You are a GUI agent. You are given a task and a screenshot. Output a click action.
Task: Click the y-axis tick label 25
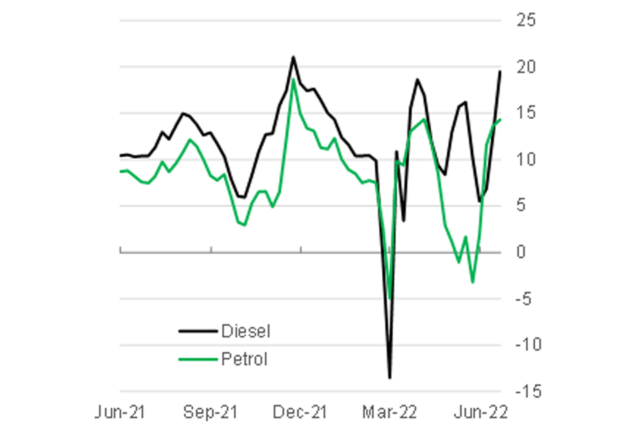(x=526, y=21)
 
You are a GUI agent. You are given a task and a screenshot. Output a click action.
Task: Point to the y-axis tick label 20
(x=526, y=67)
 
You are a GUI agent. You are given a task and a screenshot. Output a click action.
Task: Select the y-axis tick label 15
(x=526, y=113)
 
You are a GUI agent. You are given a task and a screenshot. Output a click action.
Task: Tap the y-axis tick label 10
(x=526, y=159)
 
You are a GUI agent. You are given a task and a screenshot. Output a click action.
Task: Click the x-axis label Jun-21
(x=121, y=410)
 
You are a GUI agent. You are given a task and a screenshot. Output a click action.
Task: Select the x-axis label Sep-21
(x=211, y=410)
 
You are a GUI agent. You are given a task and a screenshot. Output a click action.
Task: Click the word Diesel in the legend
(x=246, y=331)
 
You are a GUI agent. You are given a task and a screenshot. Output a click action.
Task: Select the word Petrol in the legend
(x=244, y=360)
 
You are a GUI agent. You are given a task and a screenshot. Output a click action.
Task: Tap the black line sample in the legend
(x=198, y=331)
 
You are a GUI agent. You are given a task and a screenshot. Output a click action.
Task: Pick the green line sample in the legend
(x=198, y=360)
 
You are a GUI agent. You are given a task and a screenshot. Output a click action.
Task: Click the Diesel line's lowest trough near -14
(x=390, y=378)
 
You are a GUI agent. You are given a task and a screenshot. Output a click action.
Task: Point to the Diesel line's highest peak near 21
(x=293, y=57)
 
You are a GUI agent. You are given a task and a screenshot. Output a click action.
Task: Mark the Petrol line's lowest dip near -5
(x=390, y=298)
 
